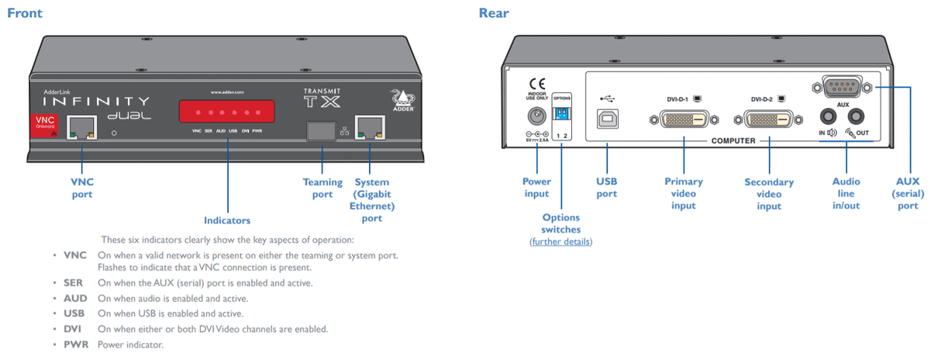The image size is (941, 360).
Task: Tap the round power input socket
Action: click(x=535, y=116)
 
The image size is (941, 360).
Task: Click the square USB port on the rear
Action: click(x=607, y=118)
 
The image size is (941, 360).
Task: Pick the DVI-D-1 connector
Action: click(x=685, y=119)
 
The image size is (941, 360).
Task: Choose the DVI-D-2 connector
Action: click(x=769, y=119)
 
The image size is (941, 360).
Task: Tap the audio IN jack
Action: click(x=828, y=116)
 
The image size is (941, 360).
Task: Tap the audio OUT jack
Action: click(x=856, y=116)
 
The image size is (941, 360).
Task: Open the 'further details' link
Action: click(x=561, y=242)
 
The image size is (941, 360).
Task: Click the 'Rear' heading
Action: click(x=494, y=13)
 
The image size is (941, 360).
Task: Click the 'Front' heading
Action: click(x=25, y=13)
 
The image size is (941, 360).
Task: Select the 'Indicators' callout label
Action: click(x=227, y=220)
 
